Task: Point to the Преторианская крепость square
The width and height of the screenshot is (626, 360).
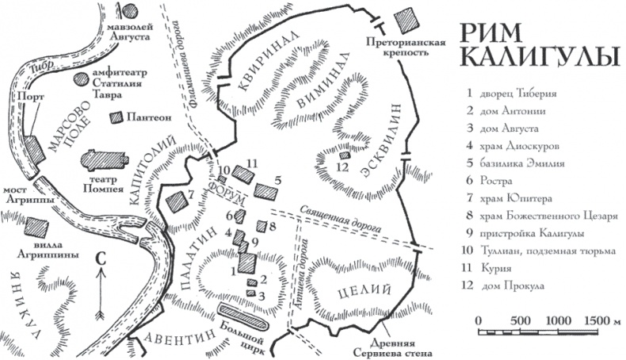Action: point(407,19)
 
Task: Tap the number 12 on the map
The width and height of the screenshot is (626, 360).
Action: point(342,167)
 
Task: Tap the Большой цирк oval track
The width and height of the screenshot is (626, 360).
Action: point(245,316)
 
